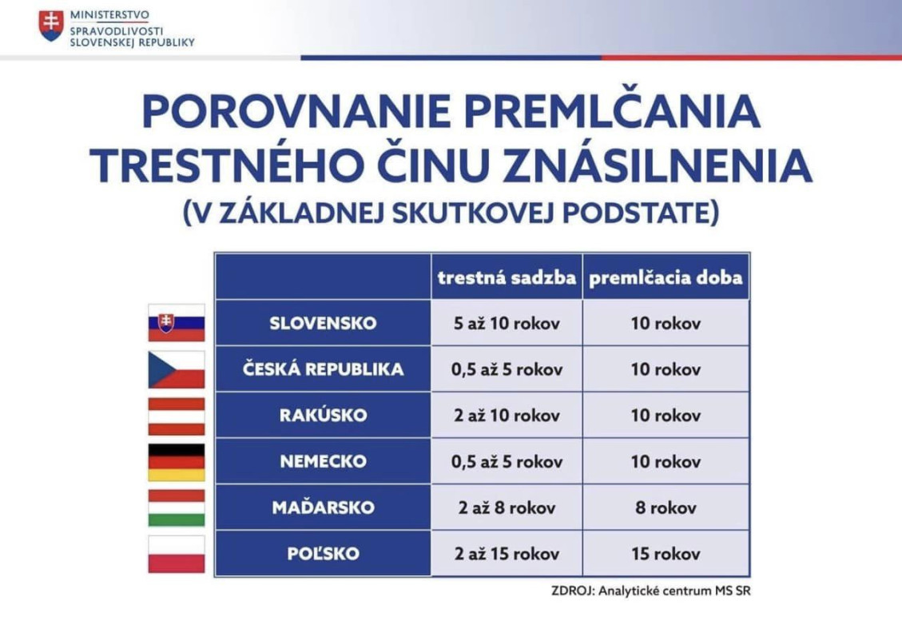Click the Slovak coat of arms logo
[x=51, y=26]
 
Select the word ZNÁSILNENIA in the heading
[x=658, y=165]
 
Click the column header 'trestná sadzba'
[x=507, y=277]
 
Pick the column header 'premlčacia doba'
[x=666, y=277]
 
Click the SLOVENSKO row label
[x=323, y=323]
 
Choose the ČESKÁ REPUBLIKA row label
[x=323, y=369]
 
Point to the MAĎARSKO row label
[x=323, y=507]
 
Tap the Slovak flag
[x=176, y=323]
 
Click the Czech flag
[x=176, y=369]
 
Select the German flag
[x=176, y=461]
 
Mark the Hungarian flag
[x=176, y=508]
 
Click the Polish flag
[x=176, y=554]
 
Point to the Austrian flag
[x=176, y=416]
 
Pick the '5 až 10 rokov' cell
[x=507, y=324]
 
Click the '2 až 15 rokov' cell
[x=507, y=554]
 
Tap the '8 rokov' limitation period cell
[x=666, y=508]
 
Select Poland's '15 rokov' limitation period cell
[x=666, y=554]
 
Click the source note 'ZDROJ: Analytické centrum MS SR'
[x=650, y=591]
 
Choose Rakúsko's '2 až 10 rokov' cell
[x=507, y=416]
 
